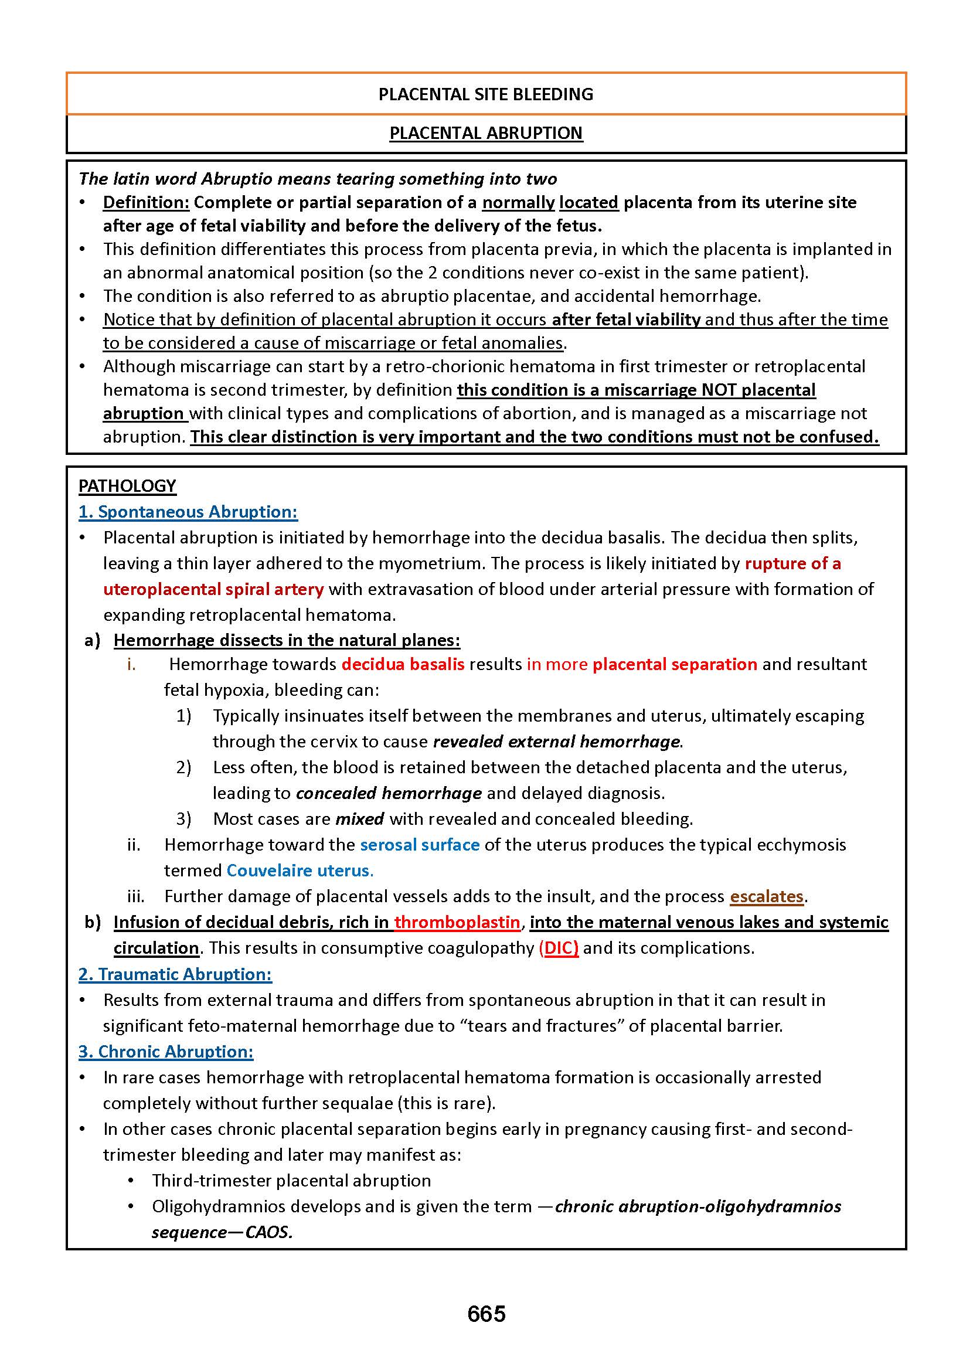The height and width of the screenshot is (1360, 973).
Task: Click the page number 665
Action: click(486, 1313)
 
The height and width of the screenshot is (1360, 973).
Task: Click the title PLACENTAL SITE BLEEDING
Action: click(486, 94)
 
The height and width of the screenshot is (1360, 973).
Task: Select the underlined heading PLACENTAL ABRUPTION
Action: click(486, 133)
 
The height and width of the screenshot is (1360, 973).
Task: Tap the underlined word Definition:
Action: click(146, 202)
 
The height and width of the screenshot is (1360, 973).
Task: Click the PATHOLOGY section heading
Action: click(127, 485)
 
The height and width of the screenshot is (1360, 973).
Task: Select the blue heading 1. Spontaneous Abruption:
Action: click(188, 512)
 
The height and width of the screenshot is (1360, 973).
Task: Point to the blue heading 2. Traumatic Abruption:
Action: click(175, 974)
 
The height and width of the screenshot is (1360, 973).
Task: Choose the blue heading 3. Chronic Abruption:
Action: click(166, 1052)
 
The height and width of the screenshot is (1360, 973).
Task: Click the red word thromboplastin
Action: click(457, 922)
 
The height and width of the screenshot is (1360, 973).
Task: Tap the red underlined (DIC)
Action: click(559, 948)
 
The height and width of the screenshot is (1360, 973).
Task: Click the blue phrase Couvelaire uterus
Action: click(299, 870)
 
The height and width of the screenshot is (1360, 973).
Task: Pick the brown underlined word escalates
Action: click(766, 896)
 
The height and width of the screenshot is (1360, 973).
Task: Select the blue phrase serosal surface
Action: click(420, 845)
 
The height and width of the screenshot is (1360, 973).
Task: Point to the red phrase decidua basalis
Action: click(403, 664)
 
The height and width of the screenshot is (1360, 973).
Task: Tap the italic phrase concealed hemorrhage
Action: click(389, 793)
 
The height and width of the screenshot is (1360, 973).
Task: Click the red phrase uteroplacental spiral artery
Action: click(213, 589)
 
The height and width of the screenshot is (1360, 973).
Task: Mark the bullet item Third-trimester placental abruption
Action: click(291, 1180)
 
